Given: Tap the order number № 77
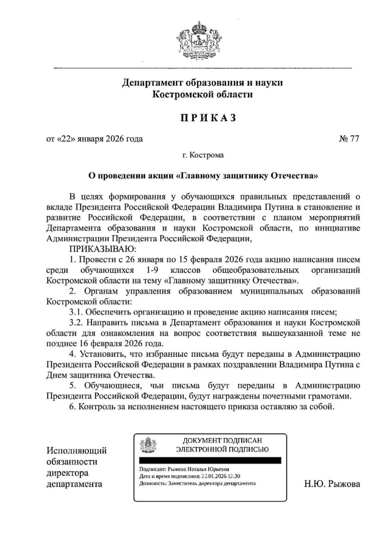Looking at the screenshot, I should pos(349,139).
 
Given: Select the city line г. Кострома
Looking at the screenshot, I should pos(203,155).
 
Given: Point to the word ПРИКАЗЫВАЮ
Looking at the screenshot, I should pos(102,249).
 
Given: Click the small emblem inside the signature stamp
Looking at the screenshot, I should pos(149,445).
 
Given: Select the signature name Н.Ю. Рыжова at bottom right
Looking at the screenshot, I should pos(332,484).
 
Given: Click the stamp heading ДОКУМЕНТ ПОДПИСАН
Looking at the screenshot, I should pos(222,440).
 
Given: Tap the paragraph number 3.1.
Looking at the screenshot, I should pos(76,312).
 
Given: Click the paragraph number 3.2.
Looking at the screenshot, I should pos(76,323).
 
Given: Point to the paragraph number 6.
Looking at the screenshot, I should pos(72,407).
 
